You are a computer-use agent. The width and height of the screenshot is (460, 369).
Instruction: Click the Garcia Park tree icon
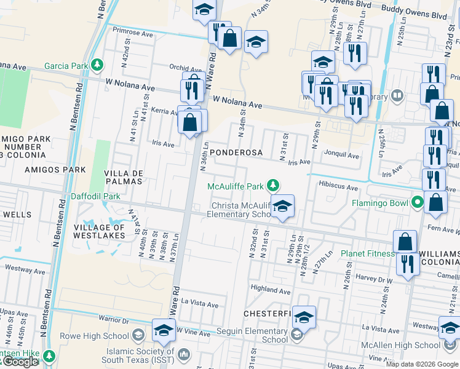click(96, 65)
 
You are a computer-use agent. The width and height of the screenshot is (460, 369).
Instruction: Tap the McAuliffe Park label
click(235, 186)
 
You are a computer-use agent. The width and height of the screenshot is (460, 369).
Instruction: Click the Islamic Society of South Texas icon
click(186, 356)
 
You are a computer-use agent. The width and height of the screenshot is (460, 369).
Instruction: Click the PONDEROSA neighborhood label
click(236, 153)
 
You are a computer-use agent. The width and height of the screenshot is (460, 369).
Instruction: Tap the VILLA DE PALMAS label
click(123, 177)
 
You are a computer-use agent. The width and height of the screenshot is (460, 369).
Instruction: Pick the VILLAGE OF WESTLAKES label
click(100, 232)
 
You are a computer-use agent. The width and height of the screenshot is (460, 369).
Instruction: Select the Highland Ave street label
click(271, 289)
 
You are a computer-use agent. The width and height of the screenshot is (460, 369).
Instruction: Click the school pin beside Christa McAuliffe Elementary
click(282, 207)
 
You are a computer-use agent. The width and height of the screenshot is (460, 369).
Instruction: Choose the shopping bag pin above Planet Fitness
click(405, 242)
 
